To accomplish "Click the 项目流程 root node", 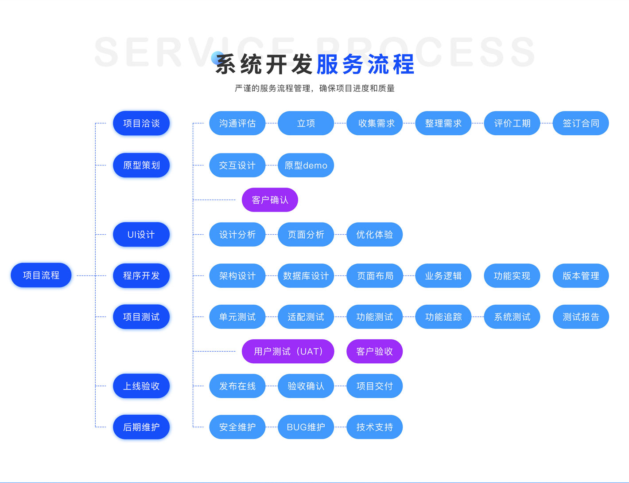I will tap(41, 275).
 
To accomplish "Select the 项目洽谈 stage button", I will tap(141, 123).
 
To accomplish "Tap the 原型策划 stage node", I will tap(141, 165).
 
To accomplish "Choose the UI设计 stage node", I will tap(141, 235).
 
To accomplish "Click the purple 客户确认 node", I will tap(270, 200).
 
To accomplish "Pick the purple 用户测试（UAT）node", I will tap(288, 352).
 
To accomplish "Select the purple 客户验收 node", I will tap(374, 352).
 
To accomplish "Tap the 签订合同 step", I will tap(581, 123).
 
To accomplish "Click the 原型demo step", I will tap(306, 165).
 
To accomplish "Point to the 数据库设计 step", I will tap(306, 276).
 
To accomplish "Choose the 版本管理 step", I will tap(581, 276).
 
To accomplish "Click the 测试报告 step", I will tap(581, 317).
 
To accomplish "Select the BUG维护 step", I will tap(306, 427).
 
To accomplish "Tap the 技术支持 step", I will tap(374, 427).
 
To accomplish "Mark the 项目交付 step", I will tap(374, 386).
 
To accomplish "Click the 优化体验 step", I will tap(374, 235).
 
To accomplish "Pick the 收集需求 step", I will tap(374, 123).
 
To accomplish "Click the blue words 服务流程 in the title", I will tap(365, 65).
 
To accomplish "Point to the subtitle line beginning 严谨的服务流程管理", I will tap(314, 88).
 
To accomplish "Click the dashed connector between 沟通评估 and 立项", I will tap(272, 123).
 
